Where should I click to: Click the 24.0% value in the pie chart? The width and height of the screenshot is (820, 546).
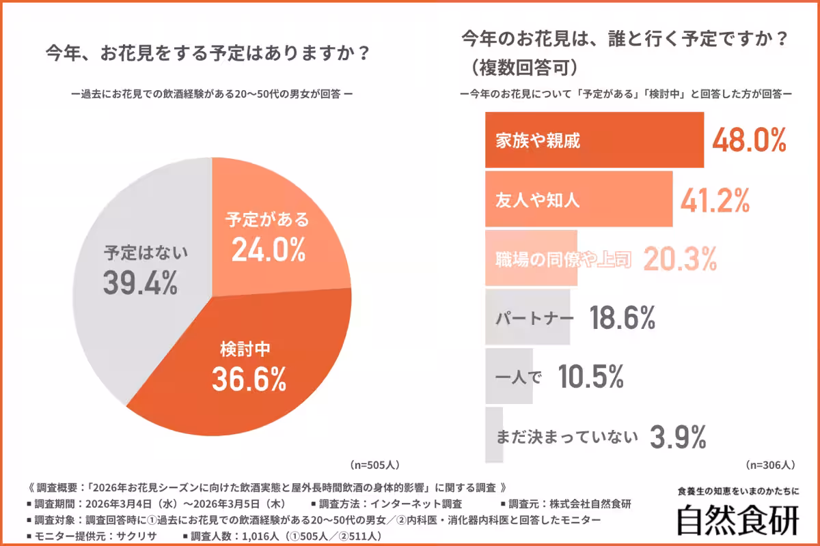(x=268, y=250)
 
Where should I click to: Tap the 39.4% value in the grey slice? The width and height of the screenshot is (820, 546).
(x=140, y=283)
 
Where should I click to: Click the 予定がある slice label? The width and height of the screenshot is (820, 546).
(x=267, y=220)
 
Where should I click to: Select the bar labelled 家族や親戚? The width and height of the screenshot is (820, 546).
(x=594, y=140)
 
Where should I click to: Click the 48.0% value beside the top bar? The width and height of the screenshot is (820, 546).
(x=750, y=140)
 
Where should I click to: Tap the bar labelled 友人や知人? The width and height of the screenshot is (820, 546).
(x=578, y=199)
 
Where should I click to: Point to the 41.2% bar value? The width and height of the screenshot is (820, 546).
(x=715, y=199)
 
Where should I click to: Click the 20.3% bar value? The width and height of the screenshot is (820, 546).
(x=679, y=259)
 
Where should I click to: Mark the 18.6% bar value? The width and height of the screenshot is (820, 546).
(x=622, y=318)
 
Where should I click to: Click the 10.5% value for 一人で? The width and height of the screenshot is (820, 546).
(x=590, y=377)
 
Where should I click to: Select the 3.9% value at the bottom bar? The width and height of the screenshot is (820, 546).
(x=677, y=436)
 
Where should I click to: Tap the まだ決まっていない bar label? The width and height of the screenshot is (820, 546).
(x=566, y=436)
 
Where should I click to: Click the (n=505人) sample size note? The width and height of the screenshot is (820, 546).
(x=374, y=465)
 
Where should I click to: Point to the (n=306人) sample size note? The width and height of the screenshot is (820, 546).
(x=770, y=465)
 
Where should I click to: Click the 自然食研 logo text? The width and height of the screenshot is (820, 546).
(x=737, y=521)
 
